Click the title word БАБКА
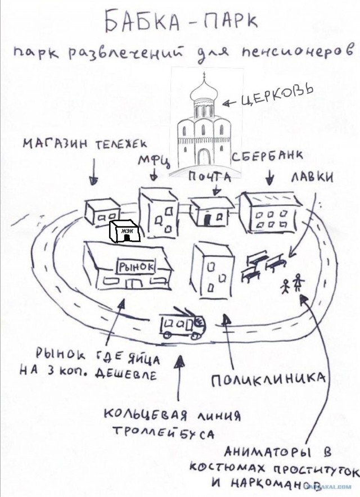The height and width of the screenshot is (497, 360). click(x=139, y=21)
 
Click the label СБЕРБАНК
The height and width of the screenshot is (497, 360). click(x=267, y=156)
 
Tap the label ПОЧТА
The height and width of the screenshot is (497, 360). click(x=210, y=177)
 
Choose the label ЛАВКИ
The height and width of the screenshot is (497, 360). click(x=312, y=178)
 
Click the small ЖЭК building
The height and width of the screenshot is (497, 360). click(x=125, y=232)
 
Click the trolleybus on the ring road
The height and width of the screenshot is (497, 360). click(x=182, y=325)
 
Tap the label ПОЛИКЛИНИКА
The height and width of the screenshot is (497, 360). click(x=268, y=378)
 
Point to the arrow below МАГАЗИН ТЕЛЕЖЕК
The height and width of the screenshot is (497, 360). click(x=93, y=171)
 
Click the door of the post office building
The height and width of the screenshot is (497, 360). click(x=208, y=220)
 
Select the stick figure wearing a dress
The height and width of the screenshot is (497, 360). click(x=298, y=282)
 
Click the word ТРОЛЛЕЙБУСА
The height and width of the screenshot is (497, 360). click(x=163, y=432)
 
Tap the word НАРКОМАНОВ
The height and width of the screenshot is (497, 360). click(x=269, y=483)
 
